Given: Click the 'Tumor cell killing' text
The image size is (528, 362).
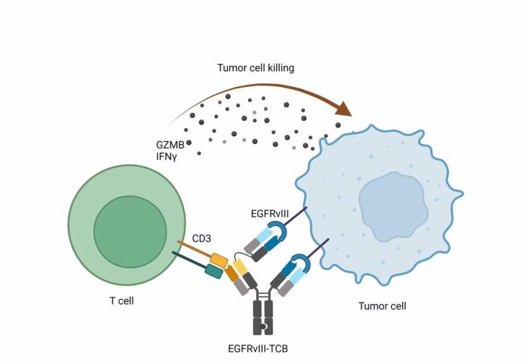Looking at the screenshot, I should point(256,68).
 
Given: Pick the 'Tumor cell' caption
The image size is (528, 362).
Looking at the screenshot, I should point(382,306).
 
